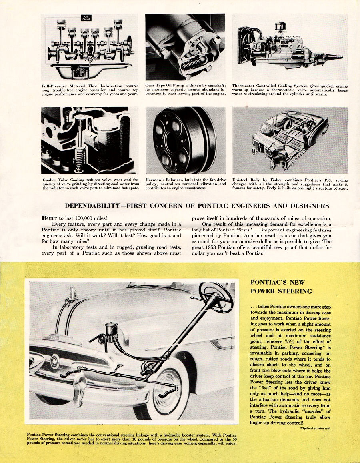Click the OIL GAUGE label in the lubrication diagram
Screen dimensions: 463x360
[86, 18]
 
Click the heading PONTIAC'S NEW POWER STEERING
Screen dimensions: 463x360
[281, 287]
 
